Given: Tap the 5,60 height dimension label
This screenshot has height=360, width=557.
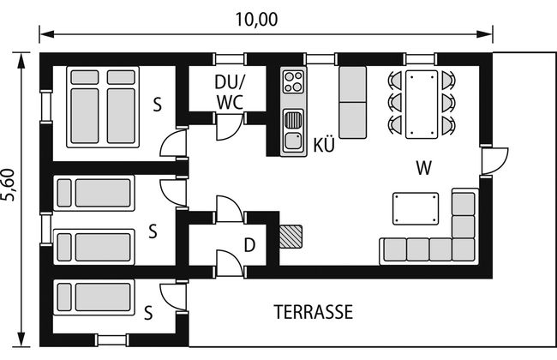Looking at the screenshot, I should click(10, 184).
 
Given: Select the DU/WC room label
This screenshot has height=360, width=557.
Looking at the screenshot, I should click(229, 91).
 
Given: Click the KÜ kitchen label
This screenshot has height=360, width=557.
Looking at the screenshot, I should click(323, 145).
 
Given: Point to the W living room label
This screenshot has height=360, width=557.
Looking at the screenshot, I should click(422, 168).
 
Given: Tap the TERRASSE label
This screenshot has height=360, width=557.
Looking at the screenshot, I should click(313, 312).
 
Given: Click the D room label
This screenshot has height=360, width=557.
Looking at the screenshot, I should click(249, 245).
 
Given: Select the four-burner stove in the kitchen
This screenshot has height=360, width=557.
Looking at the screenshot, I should click(293, 82).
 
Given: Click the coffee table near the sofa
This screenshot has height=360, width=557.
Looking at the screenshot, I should click(415, 207).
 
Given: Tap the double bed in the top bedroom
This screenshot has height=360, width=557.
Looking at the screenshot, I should click(103, 106).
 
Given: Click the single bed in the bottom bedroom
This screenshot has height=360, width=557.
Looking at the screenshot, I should click(93, 297).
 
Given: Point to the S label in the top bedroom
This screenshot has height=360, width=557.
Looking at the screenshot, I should click(157, 105).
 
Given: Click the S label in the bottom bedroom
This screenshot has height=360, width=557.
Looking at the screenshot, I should click(148, 311).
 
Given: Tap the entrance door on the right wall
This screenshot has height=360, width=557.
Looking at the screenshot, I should click(494, 160).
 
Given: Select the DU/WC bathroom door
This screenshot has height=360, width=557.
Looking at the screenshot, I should click(229, 128).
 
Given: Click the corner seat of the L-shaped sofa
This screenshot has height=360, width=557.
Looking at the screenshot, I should click(463, 249).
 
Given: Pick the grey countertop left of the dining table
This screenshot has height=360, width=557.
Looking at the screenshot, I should click(353, 102).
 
